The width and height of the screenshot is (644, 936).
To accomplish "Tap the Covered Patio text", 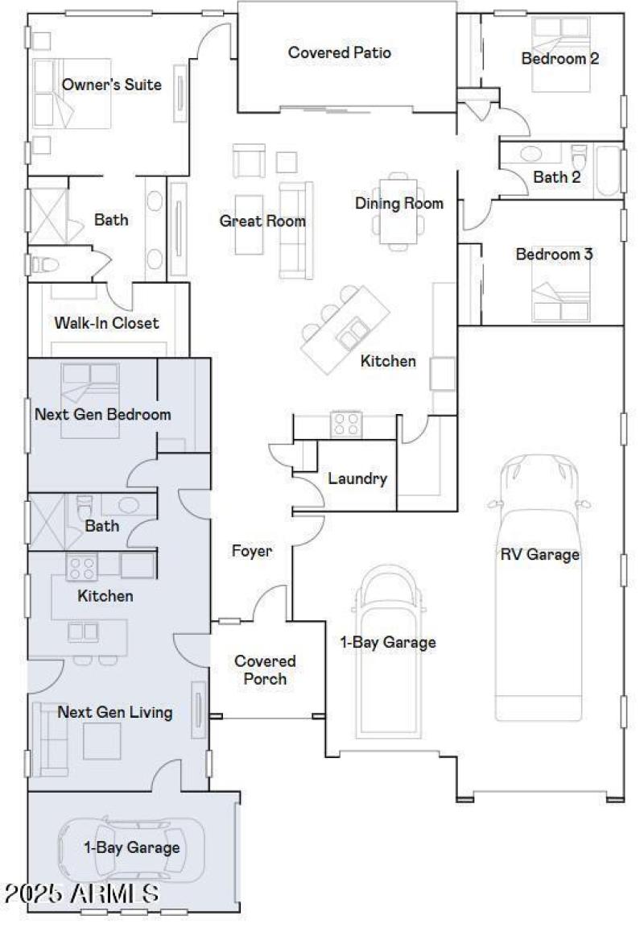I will click(339, 53).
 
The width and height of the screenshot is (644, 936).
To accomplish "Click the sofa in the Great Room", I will click(295, 230).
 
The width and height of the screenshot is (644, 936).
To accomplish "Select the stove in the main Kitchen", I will click(347, 424).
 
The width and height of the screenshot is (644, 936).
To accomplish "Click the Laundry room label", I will click(357, 478).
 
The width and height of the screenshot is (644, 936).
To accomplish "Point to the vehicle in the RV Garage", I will click(537, 588).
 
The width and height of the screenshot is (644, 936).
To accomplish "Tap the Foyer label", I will click(252, 552).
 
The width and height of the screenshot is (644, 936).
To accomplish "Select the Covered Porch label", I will click(265, 669).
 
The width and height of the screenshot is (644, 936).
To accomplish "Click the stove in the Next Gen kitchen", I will click(81, 568).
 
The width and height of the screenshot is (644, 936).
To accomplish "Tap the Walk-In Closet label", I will click(106, 323).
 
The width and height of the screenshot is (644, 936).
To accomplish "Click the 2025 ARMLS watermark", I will click(80, 893).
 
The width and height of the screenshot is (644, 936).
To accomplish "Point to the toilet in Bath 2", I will click(579, 155).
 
